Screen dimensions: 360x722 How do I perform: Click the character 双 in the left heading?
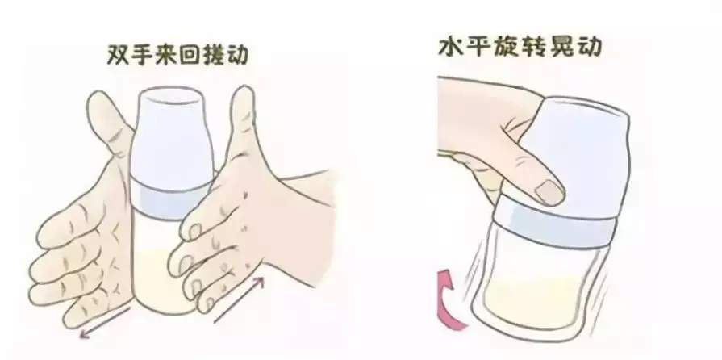pyautogui.click(x=118, y=55)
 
